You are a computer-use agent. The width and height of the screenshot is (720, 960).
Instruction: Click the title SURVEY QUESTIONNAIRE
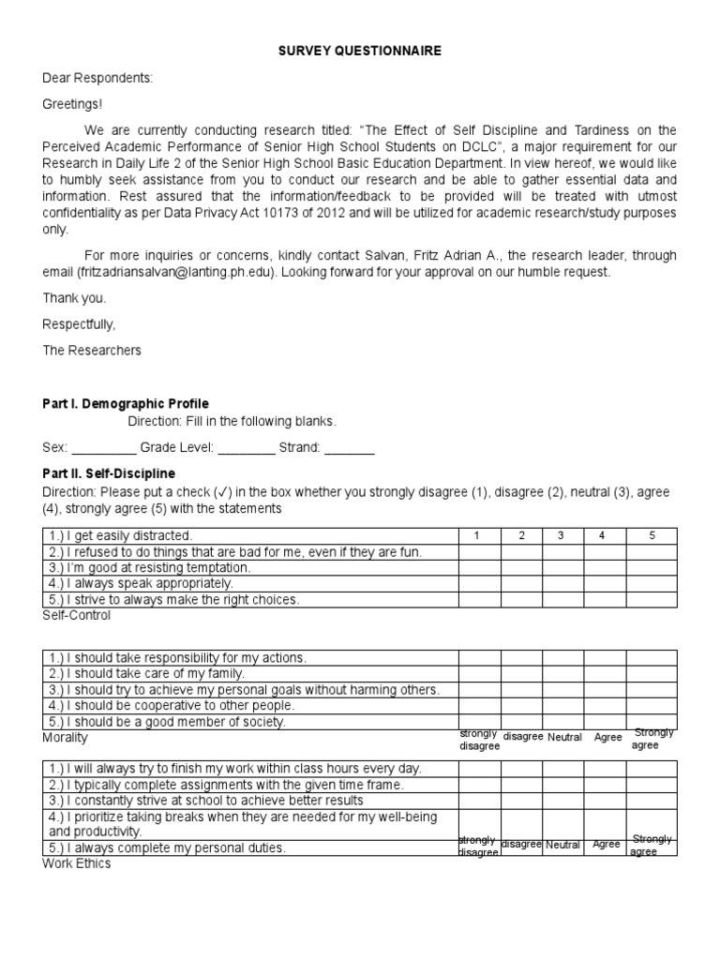[x=360, y=52]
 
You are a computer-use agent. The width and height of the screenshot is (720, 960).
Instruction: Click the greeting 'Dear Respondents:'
[x=97, y=79]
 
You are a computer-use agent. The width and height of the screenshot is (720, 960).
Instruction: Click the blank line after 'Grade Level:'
[x=246, y=448]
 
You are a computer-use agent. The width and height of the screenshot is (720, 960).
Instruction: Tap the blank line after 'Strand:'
[x=350, y=448]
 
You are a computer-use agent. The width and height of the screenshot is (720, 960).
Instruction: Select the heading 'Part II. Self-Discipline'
[x=109, y=473]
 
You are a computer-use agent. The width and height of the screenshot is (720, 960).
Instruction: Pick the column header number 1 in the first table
[x=478, y=535]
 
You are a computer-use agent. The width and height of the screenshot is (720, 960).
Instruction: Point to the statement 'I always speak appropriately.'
[x=140, y=583]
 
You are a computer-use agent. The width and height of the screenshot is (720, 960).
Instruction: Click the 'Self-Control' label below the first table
[x=77, y=616]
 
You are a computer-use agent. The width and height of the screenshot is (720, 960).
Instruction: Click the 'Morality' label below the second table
[x=65, y=738]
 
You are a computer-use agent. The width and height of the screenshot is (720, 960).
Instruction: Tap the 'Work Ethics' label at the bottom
[x=77, y=863]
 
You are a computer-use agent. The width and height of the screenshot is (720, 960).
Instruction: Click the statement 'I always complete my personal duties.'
[x=166, y=847]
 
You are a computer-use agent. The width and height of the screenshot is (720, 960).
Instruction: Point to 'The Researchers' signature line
[x=92, y=351]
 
